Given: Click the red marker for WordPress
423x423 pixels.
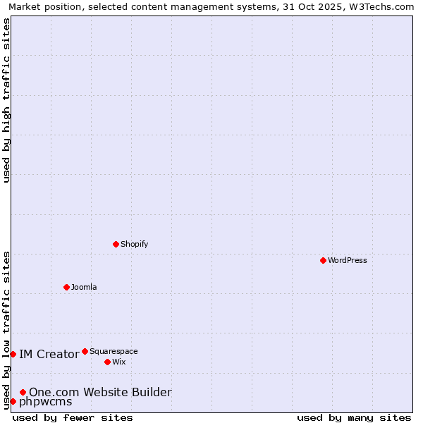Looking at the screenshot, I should pyautogui.click(x=323, y=260).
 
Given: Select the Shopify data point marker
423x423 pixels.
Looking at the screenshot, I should pyautogui.click(x=116, y=244).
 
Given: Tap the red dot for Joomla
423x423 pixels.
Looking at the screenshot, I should pyautogui.click(x=66, y=287).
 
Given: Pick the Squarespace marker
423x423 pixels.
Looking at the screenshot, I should pyautogui.click(x=85, y=351).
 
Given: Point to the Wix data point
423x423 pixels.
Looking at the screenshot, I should pyautogui.click(x=107, y=362).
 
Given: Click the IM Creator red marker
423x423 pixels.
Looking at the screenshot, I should pyautogui.click(x=13, y=354).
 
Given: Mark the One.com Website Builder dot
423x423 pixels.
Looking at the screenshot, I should pyautogui.click(x=23, y=392).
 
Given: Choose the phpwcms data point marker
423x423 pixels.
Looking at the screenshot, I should pyautogui.click(x=13, y=401).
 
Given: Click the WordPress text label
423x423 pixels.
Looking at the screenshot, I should pyautogui.click(x=348, y=260).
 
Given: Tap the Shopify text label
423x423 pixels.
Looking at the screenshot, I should pyautogui.click(x=134, y=244).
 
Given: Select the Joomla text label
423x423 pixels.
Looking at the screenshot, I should pyautogui.click(x=84, y=287).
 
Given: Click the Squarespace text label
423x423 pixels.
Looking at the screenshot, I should pyautogui.click(x=114, y=351).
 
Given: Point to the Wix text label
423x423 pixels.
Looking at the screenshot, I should pyautogui.click(x=118, y=362).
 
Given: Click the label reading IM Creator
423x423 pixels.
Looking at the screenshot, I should pyautogui.click(x=49, y=354).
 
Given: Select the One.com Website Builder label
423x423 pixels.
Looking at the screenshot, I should pyautogui.click(x=100, y=392).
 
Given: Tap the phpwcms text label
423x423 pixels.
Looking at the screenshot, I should pyautogui.click(x=45, y=402).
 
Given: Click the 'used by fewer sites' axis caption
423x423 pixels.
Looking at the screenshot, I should pyautogui.click(x=73, y=417).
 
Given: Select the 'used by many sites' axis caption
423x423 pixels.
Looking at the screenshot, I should pyautogui.click(x=354, y=417).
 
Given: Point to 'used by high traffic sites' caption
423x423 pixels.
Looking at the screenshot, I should pyautogui.click(x=6, y=100).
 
